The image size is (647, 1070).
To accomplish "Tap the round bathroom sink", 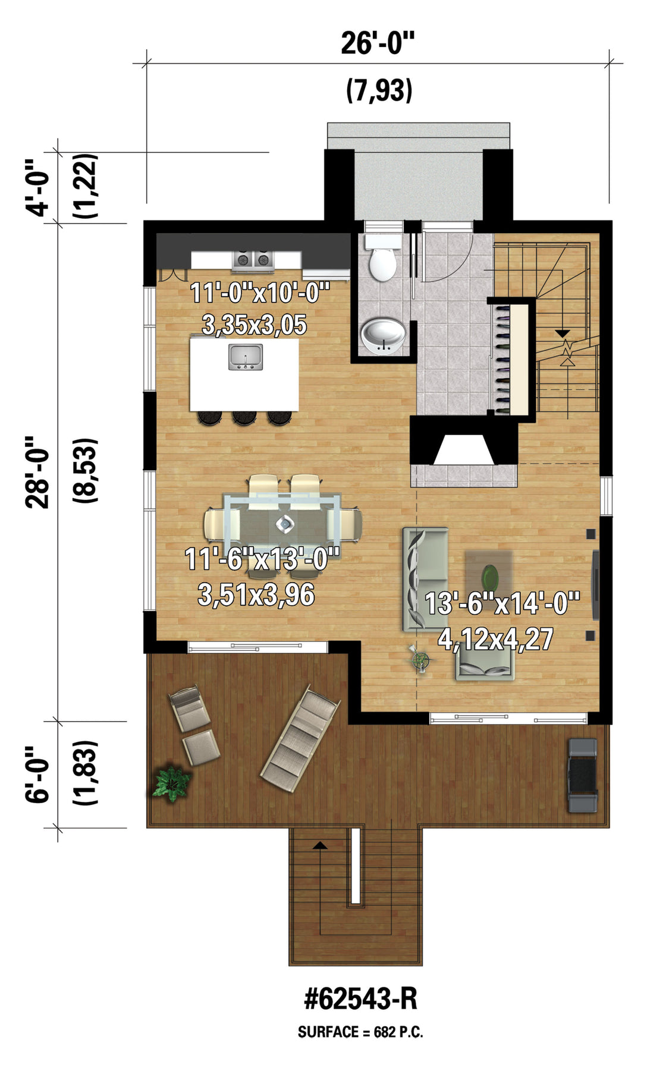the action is pos(384,335).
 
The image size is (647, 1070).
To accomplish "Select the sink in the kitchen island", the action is pos(245,357).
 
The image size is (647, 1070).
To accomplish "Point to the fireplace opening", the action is pos(464,449).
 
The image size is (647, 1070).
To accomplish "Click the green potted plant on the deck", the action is pos(171,783).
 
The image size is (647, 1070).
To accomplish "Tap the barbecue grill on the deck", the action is pos(582,775).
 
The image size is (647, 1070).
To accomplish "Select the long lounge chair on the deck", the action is pos(300,740).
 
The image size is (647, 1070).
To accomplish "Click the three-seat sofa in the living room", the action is pos(425,579).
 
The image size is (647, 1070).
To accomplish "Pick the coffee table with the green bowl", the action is pos(489,575).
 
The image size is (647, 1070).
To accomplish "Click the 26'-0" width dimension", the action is pos(377,43).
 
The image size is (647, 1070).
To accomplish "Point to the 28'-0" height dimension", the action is pos(37,473).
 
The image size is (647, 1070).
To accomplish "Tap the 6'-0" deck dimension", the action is pos(37,774).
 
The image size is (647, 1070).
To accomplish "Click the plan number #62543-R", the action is pos(360,999).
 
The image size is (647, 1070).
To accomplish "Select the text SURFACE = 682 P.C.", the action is pos(360,1032).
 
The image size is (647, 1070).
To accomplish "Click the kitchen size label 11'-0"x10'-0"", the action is pos(260,293).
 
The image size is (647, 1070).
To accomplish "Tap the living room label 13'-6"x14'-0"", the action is pos(502,603).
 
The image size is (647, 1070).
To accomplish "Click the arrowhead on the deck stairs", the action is pos(321,845).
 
